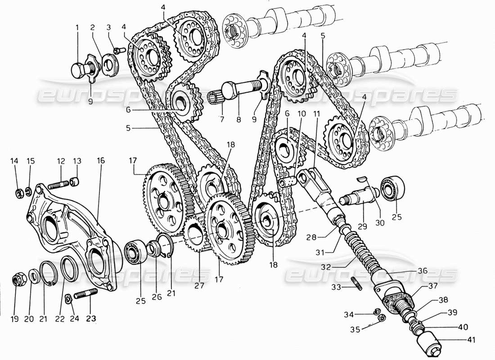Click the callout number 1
click(x=77, y=27)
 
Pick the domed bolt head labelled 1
click(x=80, y=69)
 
